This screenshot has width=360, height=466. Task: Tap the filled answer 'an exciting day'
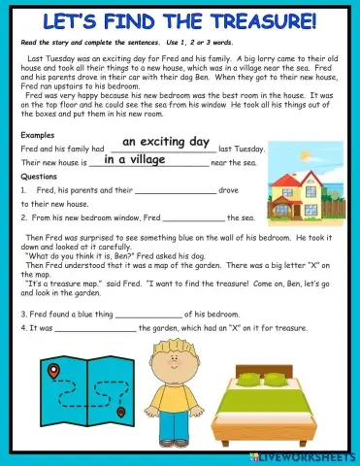166,142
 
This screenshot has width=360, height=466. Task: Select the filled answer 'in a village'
136,159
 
